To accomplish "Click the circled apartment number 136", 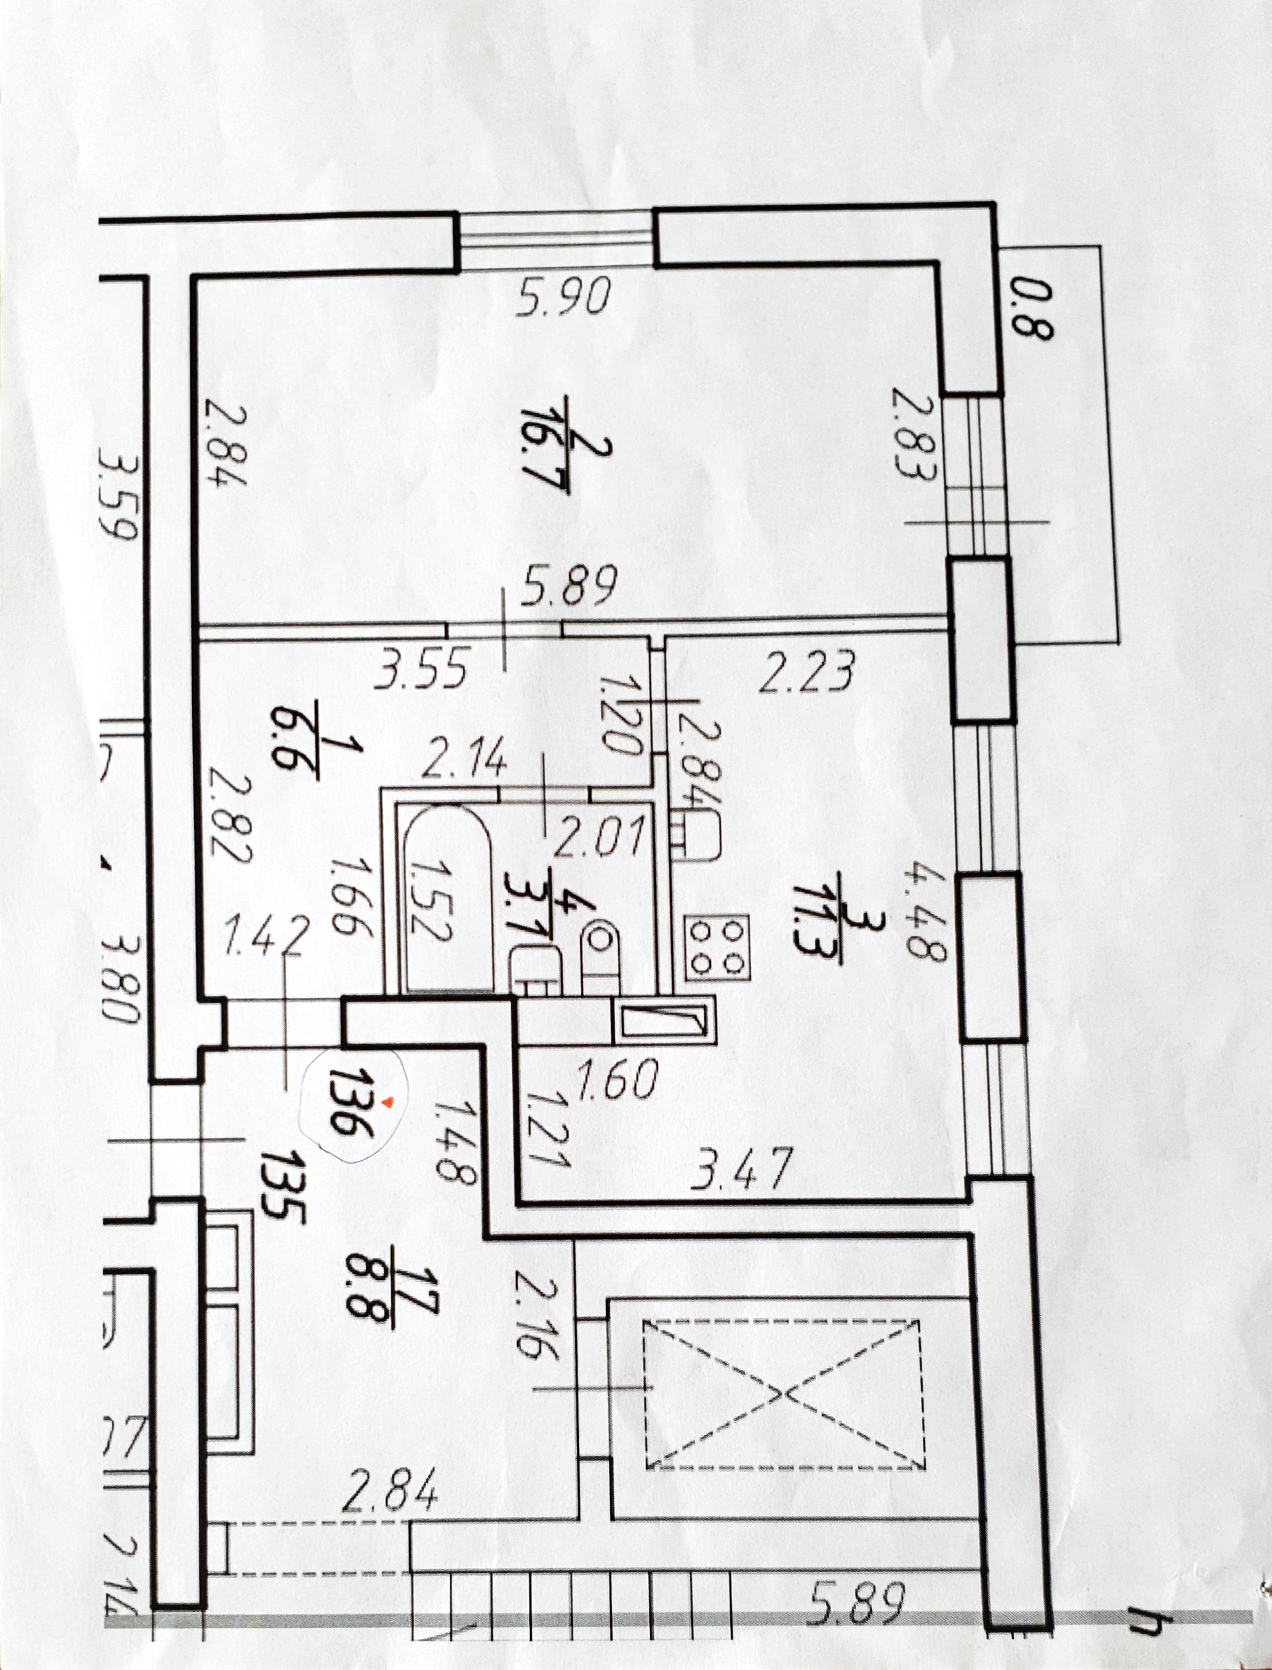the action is click(x=354, y=1103).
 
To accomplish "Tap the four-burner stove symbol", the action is click(x=716, y=945).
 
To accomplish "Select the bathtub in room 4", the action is click(x=447, y=897).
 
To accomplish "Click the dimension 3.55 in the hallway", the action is click(x=421, y=667).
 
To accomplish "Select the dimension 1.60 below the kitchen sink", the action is click(x=617, y=1078).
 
